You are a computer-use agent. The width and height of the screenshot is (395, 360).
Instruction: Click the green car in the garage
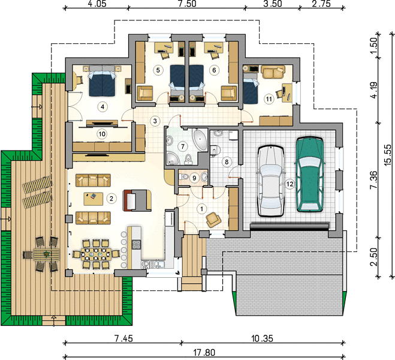[310, 174]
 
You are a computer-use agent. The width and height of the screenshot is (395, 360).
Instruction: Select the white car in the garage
[270, 181]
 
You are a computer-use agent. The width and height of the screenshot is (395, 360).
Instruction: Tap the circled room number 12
[290, 184]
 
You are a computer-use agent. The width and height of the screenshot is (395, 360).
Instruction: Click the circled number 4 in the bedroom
[102, 107]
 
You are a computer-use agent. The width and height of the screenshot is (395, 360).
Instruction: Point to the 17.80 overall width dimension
[204, 352]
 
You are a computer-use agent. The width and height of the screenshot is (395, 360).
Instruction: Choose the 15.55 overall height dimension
[388, 155]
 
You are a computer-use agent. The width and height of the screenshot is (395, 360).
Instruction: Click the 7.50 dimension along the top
[187, 4]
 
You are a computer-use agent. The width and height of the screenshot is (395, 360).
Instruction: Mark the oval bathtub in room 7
[200, 140]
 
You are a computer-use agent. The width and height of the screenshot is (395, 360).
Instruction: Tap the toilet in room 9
[183, 177]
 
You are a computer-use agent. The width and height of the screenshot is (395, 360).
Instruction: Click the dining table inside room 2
[96, 254]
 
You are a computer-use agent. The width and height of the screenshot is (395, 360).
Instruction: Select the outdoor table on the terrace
[47, 254]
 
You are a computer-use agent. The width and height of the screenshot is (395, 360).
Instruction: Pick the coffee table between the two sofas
[94, 199]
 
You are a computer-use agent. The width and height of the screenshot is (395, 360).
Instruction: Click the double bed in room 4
[102, 80]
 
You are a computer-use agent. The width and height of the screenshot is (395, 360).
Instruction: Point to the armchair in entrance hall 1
[213, 220]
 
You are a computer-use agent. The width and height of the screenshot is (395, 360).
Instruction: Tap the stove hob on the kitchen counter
[136, 244]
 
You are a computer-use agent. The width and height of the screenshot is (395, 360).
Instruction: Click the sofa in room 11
[273, 72]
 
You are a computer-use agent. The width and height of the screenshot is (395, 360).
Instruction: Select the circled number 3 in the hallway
[155, 121]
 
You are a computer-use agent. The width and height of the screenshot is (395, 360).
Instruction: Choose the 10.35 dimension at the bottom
[262, 338]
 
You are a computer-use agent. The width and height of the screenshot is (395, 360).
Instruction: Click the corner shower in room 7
[172, 158]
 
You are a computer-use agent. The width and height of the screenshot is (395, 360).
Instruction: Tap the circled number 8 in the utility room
[227, 161]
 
